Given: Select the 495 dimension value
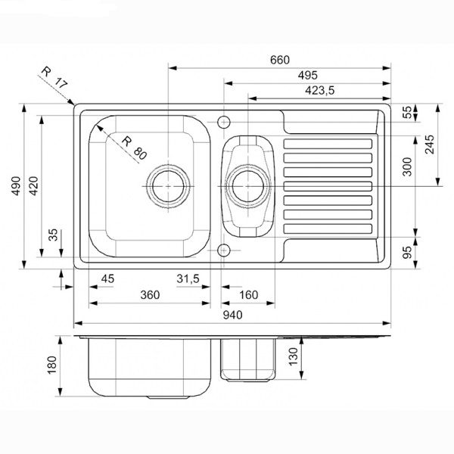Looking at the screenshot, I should coord(306,75).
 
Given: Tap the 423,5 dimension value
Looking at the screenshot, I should coord(319,90).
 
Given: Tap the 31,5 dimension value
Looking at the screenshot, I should coord(188,279).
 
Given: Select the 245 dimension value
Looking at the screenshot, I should coord(430,145).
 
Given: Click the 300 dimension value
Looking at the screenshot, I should coord(408,166).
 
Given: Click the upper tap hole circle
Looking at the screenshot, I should coord(224,121).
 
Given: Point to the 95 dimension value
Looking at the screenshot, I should coord(408,250).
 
